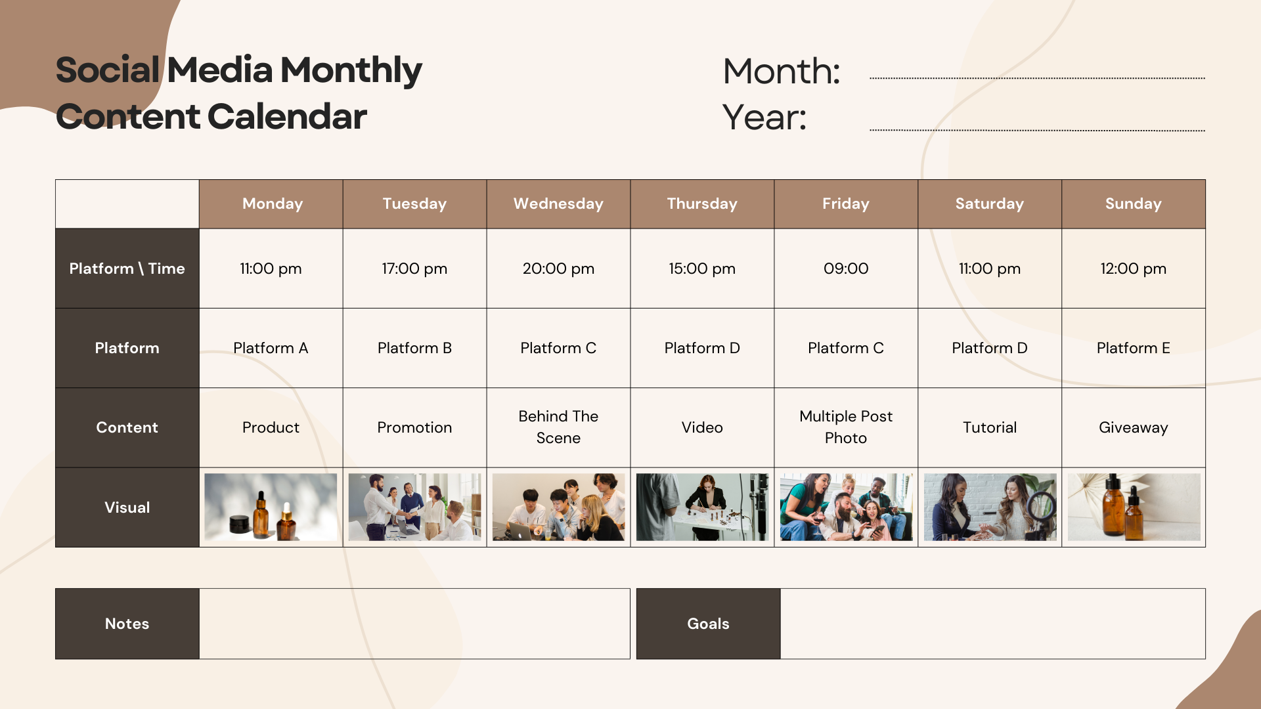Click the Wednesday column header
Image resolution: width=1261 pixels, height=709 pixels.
[558, 204]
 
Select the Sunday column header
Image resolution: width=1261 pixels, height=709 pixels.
[1134, 204]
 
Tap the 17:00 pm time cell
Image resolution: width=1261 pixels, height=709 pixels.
[414, 269]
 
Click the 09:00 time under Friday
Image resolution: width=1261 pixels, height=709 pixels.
[846, 269]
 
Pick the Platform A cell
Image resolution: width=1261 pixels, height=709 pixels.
[271, 348]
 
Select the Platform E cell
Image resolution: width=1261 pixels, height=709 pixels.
[1134, 348]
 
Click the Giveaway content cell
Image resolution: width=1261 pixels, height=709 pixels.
[1134, 427]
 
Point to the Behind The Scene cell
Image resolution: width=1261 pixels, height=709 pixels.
[558, 427]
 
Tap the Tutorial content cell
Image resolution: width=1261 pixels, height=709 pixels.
[990, 427]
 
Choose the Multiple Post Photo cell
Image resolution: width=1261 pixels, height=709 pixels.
[846, 427]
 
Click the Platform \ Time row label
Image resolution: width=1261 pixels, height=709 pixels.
[127, 269]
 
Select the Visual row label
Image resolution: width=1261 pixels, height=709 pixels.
[127, 507]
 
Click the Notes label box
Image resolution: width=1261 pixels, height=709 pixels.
[127, 624]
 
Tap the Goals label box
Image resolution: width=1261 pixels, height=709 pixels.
[709, 624]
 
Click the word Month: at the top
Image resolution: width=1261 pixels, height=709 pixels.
[782, 71]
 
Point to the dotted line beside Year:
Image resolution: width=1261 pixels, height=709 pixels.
[1037, 130]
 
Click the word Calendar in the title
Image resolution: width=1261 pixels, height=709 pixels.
[287, 117]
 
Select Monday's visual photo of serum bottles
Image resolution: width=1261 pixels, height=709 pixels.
[271, 507]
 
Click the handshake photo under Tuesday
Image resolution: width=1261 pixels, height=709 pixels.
[414, 507]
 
